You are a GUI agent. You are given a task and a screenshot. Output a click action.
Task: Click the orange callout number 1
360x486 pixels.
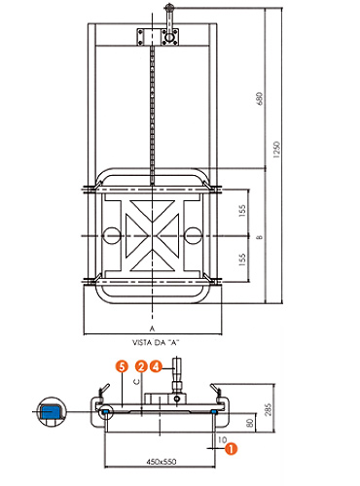tap(231, 449)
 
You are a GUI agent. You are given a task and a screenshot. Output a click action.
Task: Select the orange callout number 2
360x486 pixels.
tap(141, 366)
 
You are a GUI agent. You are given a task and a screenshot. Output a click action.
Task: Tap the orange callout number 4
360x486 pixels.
tap(156, 366)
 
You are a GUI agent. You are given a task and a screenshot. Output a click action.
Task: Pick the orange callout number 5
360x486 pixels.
tap(122, 366)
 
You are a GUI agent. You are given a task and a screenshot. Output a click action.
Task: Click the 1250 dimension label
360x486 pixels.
tap(276, 150)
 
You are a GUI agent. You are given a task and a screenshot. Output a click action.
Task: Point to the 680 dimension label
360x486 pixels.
tap(259, 98)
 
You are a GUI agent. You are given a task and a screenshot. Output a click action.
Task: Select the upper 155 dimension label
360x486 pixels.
tap(242, 210)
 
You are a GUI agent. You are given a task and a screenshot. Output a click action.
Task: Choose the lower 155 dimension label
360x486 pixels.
tap(242, 260)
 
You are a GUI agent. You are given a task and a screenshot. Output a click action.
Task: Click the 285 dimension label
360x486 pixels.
tap(268, 409)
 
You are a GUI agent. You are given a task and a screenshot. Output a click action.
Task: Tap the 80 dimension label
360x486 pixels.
tap(250, 423)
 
